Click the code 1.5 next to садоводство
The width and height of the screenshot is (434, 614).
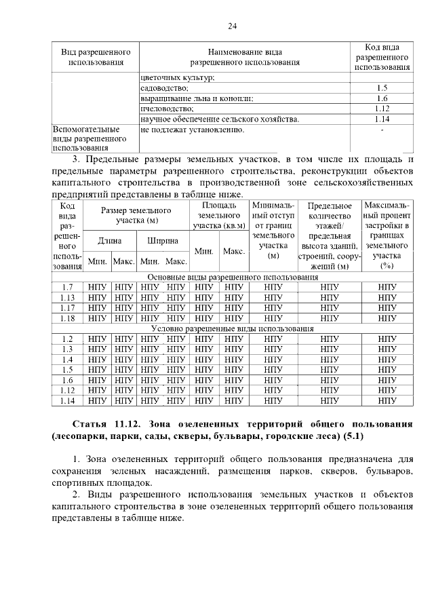[382, 88]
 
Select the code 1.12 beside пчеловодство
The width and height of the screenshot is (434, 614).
[382, 108]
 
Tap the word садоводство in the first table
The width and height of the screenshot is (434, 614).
[164, 88]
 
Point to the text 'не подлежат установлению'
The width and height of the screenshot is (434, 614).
[192, 129]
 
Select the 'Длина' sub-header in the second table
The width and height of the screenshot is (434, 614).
[110, 240]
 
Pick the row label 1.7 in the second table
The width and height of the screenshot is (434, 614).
[67, 287]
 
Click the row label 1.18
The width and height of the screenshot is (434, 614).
[67, 318]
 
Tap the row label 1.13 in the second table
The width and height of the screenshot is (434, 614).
[67, 297]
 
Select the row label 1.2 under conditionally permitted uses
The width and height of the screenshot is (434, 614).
[67, 338]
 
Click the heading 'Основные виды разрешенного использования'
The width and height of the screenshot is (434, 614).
[233, 277]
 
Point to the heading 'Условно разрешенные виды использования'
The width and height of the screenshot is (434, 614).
[233, 328]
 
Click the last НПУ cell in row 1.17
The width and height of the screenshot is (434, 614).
[387, 307]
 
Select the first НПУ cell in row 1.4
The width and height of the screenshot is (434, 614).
[97, 359]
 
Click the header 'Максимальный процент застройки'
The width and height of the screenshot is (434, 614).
[387, 235]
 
